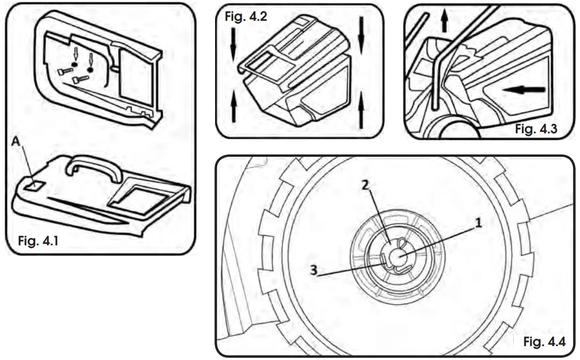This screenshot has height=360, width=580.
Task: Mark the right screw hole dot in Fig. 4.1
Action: point(90,68)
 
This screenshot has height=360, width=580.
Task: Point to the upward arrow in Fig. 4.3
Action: point(444,24)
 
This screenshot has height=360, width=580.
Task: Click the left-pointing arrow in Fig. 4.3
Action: point(526,90)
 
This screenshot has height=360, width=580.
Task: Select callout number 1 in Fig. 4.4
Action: point(479,224)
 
